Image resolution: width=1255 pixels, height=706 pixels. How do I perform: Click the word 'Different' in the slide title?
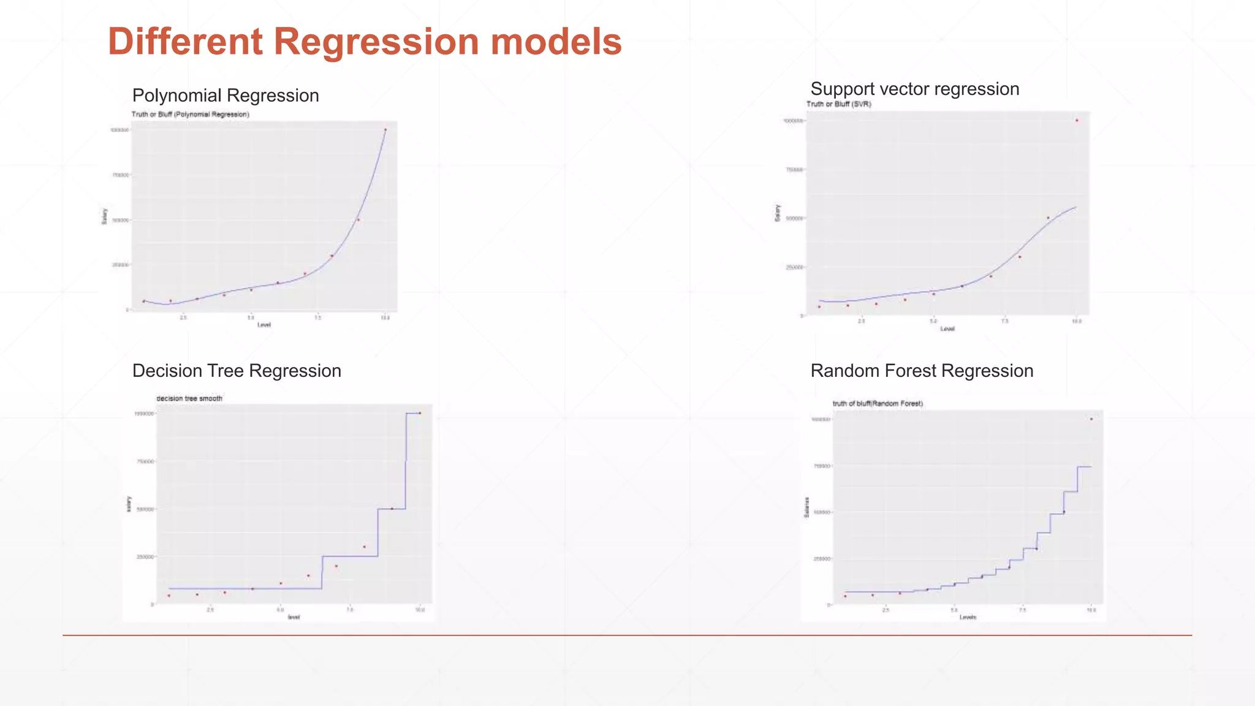click(x=186, y=42)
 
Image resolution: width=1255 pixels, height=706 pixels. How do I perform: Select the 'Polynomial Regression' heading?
click(x=226, y=96)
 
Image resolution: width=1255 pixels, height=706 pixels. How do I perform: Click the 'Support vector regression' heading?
click(x=914, y=89)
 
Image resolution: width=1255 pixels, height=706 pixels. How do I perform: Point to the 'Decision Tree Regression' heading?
click(x=237, y=371)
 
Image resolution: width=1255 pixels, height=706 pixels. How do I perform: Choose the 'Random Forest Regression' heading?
click(x=922, y=371)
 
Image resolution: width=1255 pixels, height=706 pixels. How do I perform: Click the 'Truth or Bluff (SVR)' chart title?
click(x=838, y=104)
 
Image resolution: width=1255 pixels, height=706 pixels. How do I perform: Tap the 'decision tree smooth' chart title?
click(x=189, y=398)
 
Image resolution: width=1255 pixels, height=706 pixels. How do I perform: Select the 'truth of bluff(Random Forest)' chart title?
click(x=878, y=403)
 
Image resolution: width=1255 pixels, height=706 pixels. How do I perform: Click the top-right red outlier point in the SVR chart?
click(x=1077, y=120)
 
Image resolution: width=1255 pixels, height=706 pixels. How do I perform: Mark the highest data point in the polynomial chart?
click(x=385, y=129)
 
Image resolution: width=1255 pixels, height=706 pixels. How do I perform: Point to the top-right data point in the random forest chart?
click(x=1091, y=419)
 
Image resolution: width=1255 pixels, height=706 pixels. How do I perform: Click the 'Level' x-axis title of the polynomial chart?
click(x=264, y=325)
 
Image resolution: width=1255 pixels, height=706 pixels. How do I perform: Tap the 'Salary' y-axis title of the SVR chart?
click(x=778, y=213)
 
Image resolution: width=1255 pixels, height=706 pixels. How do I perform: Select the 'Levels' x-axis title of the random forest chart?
click(x=968, y=617)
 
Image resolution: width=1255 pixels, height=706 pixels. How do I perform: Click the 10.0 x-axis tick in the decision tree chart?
click(x=420, y=610)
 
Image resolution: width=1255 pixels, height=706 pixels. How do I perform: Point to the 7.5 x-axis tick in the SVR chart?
click(x=1005, y=322)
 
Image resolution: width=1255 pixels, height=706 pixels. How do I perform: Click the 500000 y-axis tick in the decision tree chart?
click(x=145, y=509)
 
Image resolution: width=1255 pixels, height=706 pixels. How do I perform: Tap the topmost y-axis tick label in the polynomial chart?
click(x=119, y=130)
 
